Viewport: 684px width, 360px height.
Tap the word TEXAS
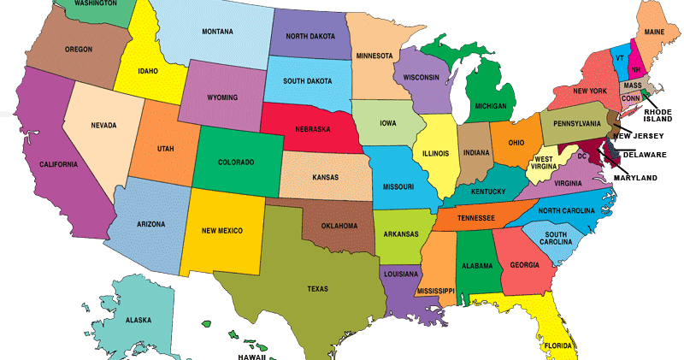point(317,289)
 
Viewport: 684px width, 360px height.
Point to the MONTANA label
point(217,32)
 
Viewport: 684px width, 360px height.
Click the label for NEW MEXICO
point(222,231)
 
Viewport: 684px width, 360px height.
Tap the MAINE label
point(655,32)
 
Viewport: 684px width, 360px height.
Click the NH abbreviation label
point(635,69)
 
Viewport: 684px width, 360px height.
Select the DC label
point(581,156)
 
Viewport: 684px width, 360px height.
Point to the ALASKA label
point(139,320)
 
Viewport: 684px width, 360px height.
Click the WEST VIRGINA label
point(548,163)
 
